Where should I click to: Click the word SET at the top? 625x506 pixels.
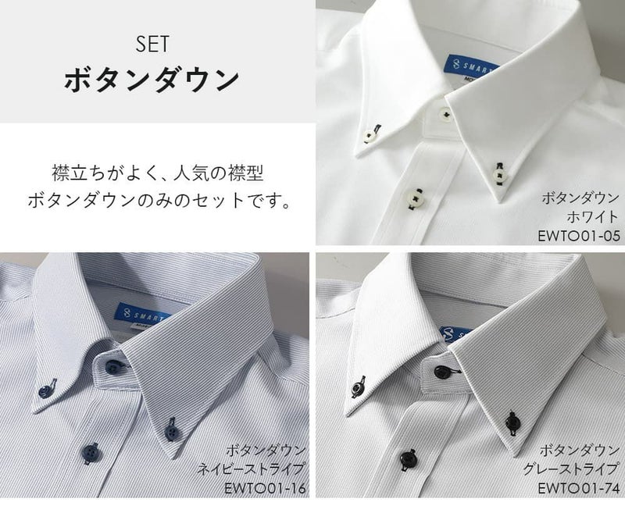click(152, 44)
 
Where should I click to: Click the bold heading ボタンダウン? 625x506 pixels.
click(152, 80)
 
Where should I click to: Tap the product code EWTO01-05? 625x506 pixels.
click(579, 236)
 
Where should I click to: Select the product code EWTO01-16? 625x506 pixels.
click(265, 488)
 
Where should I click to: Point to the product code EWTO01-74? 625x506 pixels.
click(579, 488)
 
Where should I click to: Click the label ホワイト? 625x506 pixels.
click(592, 217)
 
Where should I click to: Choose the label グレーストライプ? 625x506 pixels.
click(571, 469)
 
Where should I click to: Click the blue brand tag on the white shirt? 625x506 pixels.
click(472, 66)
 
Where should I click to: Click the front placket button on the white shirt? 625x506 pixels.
click(412, 196)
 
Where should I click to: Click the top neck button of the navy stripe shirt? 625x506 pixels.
click(112, 365)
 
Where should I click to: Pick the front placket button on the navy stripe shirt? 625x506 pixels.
click(92, 452)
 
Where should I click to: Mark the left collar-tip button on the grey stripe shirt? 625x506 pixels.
click(357, 388)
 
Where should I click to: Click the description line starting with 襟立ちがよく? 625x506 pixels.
click(158, 173)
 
